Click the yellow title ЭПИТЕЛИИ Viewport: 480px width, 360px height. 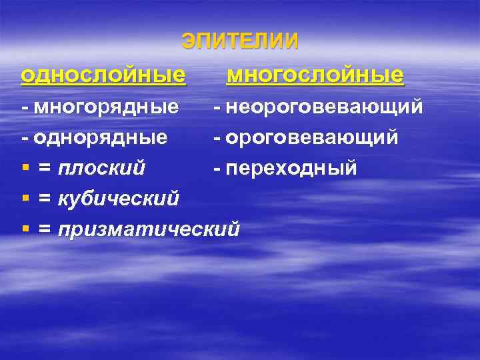coord(240,41)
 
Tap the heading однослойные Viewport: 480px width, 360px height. coord(103,75)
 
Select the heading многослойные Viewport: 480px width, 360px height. coord(315,75)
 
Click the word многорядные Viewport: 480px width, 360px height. coord(106,107)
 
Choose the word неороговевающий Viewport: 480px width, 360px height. coord(324,107)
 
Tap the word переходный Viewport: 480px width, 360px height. coord(291,168)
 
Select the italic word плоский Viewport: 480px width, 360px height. coord(101,168)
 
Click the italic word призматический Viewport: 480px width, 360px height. coord(149,229)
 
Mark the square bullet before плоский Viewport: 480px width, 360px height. coord(25,169)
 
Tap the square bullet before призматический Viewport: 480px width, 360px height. coord(25,230)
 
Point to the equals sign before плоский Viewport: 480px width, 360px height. coord(45,169)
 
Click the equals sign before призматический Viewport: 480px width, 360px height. coord(45,230)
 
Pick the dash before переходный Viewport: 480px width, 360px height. coord(217,169)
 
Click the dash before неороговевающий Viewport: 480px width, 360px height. coord(217,107)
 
